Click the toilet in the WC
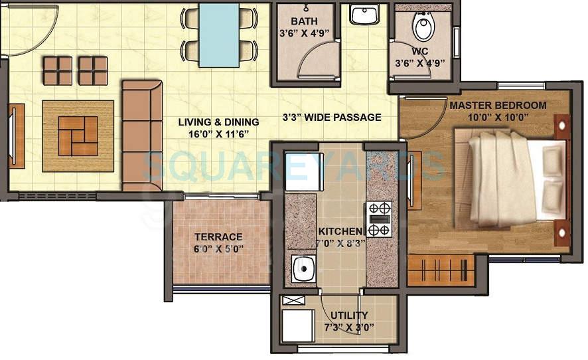pos(423,27)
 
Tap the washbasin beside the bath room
pos(364,15)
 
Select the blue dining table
pos(219,35)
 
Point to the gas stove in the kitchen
pos(379,219)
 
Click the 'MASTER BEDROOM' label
pos(498,106)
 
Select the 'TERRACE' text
pos(218,236)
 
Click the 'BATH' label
pos(304,21)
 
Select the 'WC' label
pos(419,51)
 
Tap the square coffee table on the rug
pos(78,136)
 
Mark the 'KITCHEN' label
pos(340,231)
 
